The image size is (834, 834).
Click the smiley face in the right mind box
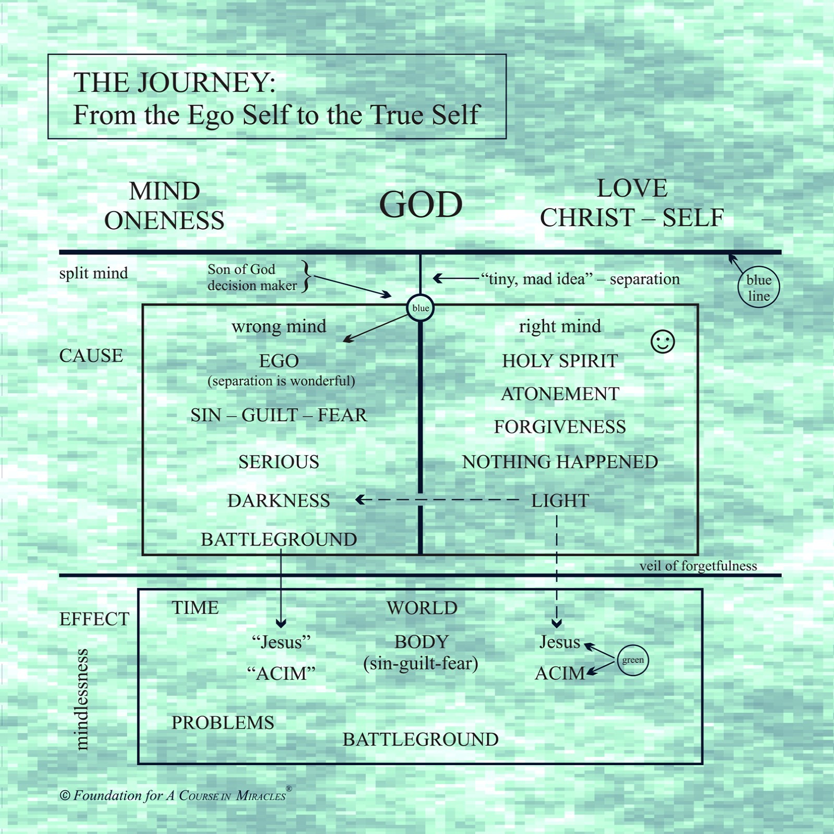coord(663,342)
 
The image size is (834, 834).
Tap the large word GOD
coord(421,204)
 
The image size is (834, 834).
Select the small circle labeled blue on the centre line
coord(420,308)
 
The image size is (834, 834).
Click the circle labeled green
coord(633,660)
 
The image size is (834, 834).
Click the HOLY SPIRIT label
coord(560,361)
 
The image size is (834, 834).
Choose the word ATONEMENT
coord(560,394)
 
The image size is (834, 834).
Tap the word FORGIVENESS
coord(560,427)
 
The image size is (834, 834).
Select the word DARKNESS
coord(279,500)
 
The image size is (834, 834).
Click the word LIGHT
coord(560,500)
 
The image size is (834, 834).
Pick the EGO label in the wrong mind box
coord(279,361)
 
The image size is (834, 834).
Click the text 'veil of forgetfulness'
coord(698,566)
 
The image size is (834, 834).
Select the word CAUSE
coord(91,355)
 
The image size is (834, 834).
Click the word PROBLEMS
coord(223,722)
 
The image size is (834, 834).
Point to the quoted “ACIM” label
coord(281,673)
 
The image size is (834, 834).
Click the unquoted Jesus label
coord(560,642)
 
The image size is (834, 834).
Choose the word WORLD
coord(422,608)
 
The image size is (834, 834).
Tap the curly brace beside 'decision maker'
coord(306,276)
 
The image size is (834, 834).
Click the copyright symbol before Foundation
coord(65,795)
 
